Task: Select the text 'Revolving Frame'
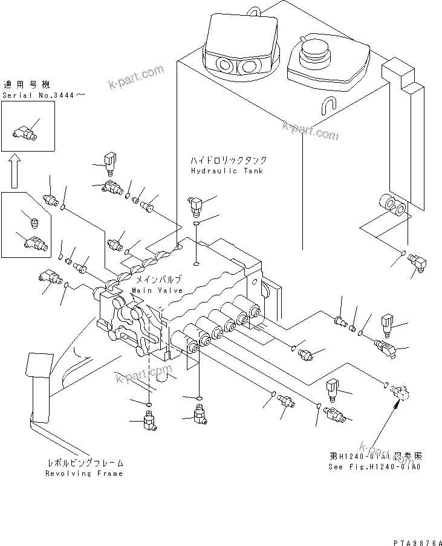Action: pos(84,474)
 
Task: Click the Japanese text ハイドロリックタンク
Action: pos(228,161)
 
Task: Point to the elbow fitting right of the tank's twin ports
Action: pos(418,264)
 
